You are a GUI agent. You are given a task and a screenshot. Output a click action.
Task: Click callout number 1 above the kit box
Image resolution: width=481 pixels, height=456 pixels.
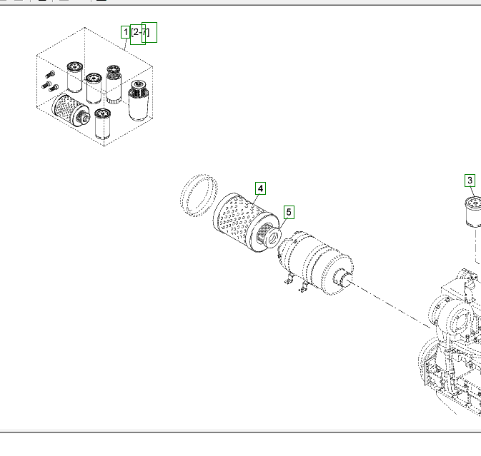(x=126, y=32)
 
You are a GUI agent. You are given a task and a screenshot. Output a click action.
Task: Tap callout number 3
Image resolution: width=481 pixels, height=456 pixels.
(x=470, y=180)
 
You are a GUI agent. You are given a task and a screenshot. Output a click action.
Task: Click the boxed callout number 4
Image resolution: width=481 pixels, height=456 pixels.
(x=261, y=188)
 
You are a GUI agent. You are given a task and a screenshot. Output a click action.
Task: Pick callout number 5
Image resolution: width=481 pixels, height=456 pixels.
(x=289, y=212)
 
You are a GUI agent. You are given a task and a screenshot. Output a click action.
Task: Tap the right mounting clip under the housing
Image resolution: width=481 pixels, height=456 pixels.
(x=303, y=288)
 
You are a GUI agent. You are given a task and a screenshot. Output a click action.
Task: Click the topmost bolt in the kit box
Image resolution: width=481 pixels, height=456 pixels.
(x=49, y=74)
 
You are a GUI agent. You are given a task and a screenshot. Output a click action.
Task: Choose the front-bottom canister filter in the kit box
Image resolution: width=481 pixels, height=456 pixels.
(x=103, y=124)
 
